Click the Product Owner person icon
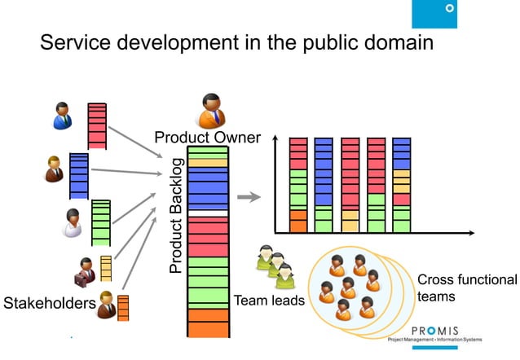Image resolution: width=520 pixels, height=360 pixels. pos(211,112)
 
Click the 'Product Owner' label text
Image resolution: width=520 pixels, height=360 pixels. pos(208,138)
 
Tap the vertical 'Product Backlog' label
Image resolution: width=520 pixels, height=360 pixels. pos(176,216)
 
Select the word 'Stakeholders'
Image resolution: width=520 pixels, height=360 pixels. pos(48,305)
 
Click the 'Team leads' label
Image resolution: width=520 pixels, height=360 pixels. pos(269,301)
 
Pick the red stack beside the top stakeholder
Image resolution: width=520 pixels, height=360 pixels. pos(97,125)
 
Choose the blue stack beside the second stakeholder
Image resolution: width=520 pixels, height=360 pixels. pos(78,175)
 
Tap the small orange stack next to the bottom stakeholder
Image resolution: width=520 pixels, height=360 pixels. pos(123,308)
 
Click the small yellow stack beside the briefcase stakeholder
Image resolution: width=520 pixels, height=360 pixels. pos(106,268)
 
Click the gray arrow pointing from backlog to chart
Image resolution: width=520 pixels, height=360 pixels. pos(249,196)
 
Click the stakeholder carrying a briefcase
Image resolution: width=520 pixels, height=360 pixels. pos(86,271)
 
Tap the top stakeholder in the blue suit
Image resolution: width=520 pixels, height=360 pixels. pos(62,116)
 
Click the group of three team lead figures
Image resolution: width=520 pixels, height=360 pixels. pos(275,268)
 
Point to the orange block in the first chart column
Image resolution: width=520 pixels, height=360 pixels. pos(298,221)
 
